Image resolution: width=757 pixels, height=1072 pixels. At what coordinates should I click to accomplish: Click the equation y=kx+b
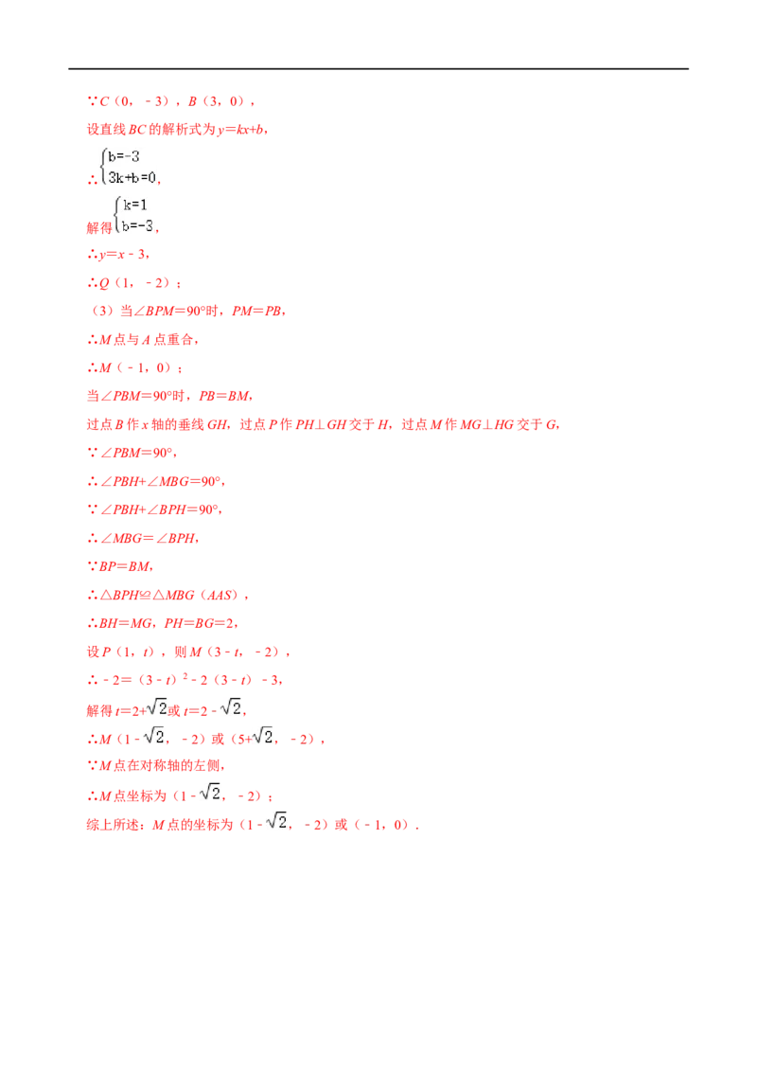(240, 129)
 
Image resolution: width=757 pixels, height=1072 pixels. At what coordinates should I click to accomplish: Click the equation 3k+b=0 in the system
(132, 178)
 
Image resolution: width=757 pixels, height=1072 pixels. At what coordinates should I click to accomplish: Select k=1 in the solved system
(134, 205)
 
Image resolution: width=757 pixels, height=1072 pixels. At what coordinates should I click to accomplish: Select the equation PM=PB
(256, 311)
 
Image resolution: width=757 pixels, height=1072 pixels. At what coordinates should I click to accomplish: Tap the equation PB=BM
(223, 396)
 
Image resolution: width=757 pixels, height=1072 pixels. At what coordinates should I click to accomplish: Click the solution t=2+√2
(141, 709)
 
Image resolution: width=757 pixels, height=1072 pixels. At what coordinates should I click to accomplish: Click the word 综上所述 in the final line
(113, 825)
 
